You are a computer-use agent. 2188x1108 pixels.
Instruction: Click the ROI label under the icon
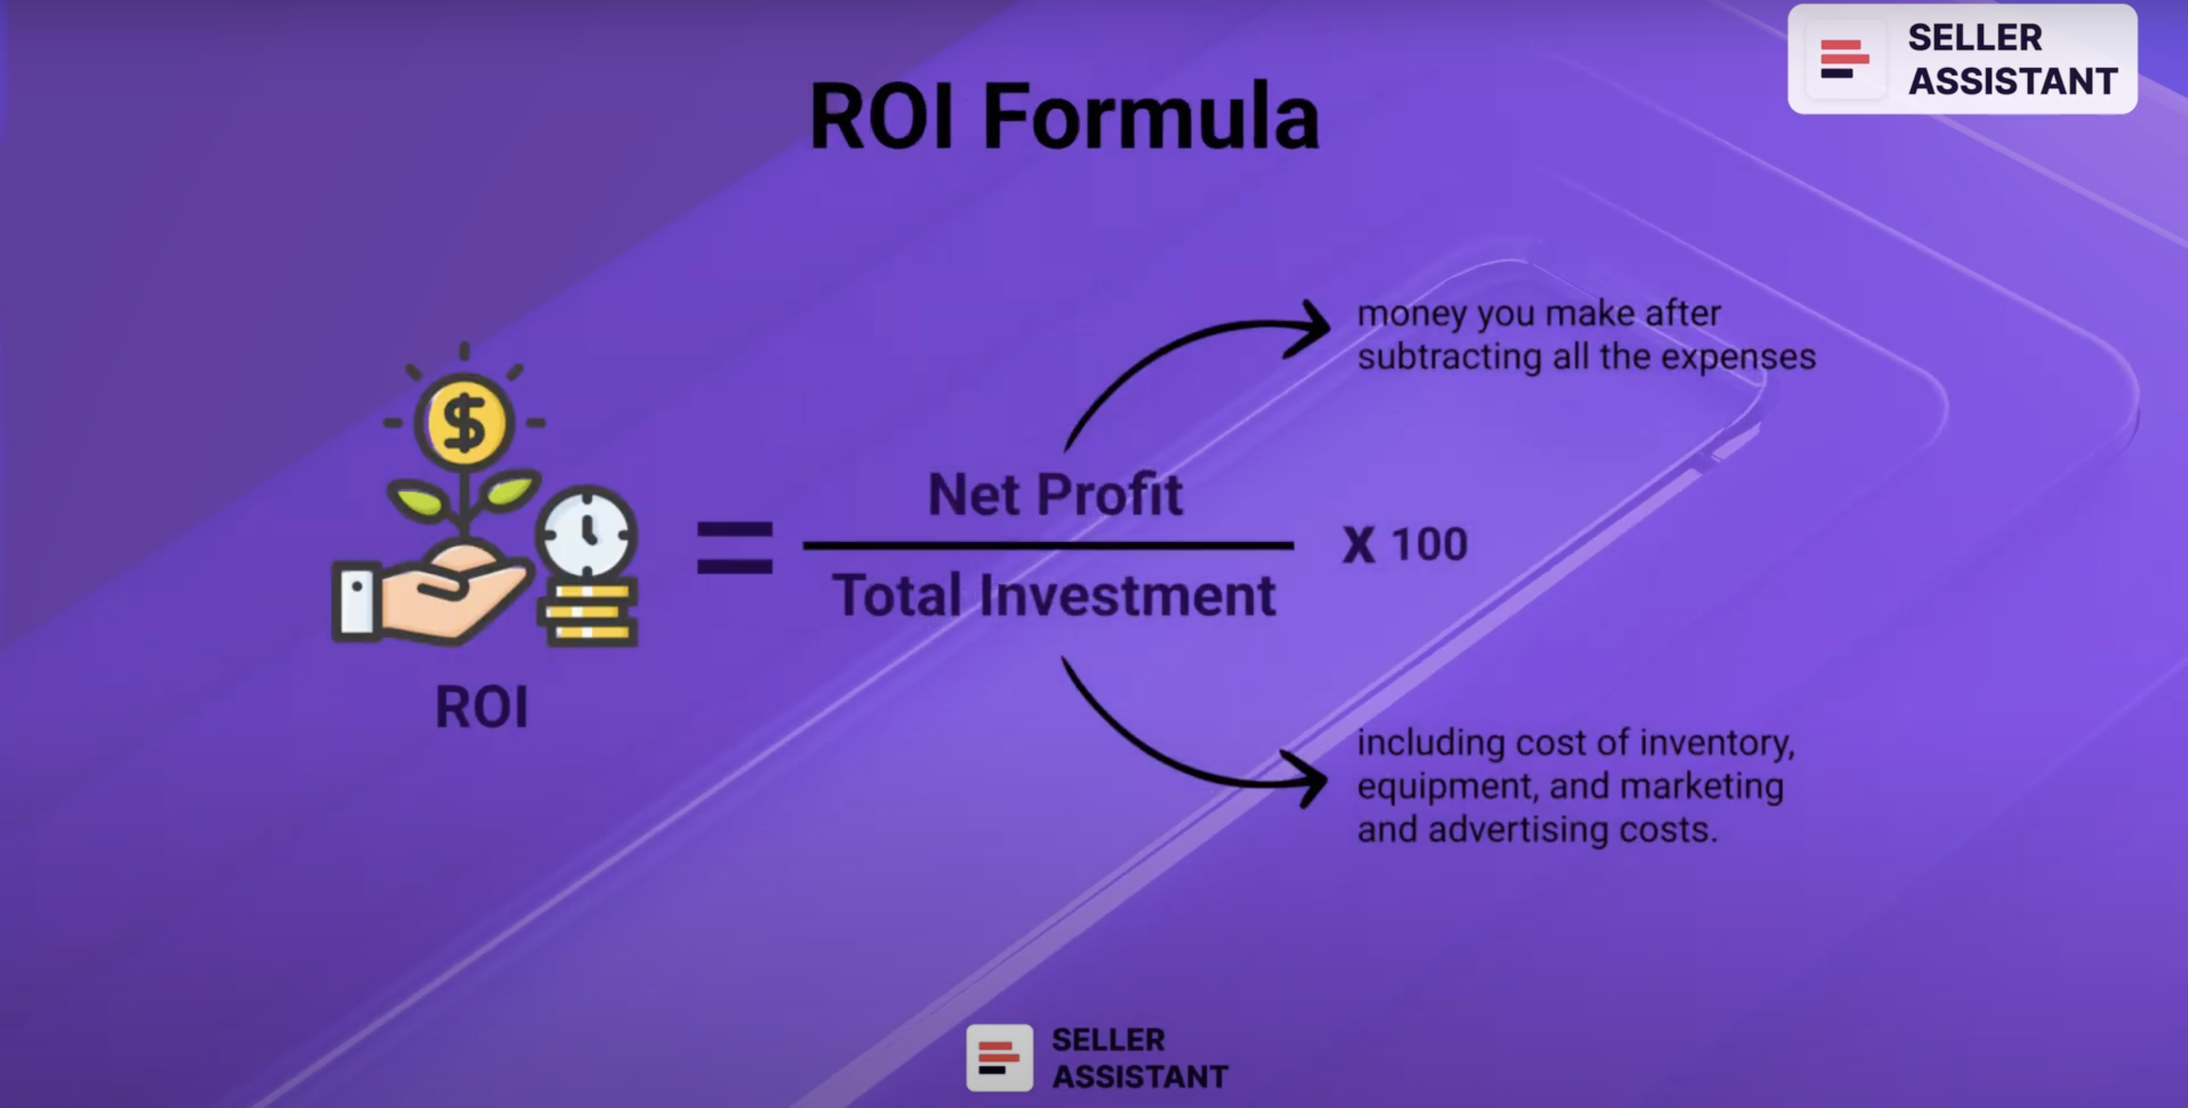pos(482,707)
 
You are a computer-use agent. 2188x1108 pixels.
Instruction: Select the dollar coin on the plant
pos(464,422)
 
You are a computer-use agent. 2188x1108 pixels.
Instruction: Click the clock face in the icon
pos(586,533)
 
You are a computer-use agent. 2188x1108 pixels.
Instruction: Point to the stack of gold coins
pos(588,612)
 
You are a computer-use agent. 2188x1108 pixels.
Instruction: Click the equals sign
pos(734,547)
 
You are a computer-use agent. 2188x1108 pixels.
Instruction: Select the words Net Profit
pos(1055,494)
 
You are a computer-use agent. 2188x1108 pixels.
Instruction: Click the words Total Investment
pos(1053,595)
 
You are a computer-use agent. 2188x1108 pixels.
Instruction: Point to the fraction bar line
pos(1048,545)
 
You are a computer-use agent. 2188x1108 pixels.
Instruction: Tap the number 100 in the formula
pos(1430,544)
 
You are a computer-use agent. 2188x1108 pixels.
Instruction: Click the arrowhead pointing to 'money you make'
pos(1313,328)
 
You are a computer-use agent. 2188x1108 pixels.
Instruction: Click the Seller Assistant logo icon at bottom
pos(999,1058)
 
